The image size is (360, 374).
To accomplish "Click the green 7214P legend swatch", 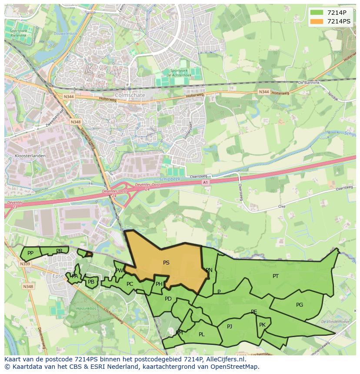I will tap(317, 13).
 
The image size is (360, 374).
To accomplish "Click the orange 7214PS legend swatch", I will tap(317, 21).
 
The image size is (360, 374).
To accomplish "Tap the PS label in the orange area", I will tap(166, 263).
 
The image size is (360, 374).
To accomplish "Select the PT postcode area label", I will tap(276, 276).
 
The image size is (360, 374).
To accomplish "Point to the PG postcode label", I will tap(300, 305).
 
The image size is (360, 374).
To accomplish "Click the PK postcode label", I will tap(262, 325).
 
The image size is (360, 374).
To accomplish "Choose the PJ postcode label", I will tap(230, 327).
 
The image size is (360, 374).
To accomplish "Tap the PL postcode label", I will tap(201, 334).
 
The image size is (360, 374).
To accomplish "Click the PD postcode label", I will tap(168, 299).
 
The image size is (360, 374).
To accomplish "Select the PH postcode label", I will tap(159, 285).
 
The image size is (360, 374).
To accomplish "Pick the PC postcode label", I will tap(130, 285).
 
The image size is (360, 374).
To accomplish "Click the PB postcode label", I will tap(91, 282).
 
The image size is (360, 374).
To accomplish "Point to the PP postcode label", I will tap(30, 253).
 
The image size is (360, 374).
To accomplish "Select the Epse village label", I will tap(58, 276).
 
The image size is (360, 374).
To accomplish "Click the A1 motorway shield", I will tap(206, 182).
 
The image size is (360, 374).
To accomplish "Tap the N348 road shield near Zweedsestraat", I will tap(75, 122).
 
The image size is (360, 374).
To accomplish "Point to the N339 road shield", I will tap(25, 264).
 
